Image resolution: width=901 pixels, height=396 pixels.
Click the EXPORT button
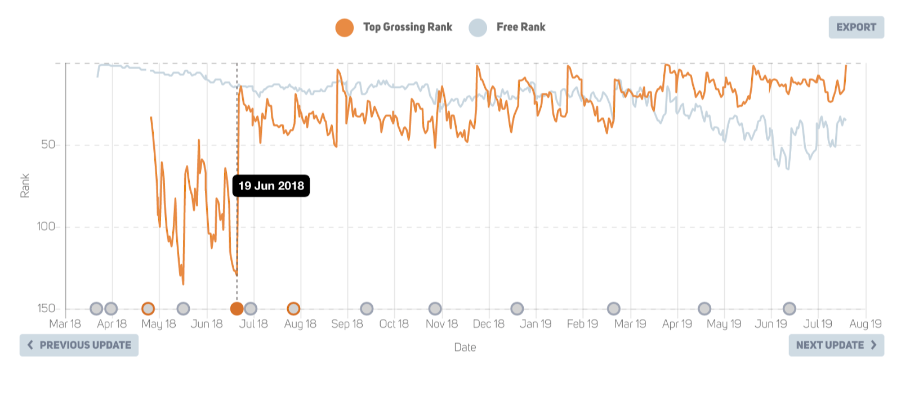coord(856,27)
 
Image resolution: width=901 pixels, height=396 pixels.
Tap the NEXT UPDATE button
coord(836,345)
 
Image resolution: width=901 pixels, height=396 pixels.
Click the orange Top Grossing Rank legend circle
coord(345,27)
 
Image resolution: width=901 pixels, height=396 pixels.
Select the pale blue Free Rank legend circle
coord(478,27)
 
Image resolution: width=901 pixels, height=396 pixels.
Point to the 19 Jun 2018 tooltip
coord(271,186)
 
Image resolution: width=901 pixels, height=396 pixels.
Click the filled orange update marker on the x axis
coord(237,308)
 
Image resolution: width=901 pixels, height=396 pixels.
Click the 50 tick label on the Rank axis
coord(48,145)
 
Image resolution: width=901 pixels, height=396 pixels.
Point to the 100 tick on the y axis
coord(46,227)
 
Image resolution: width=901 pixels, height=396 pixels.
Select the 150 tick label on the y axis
coord(46,308)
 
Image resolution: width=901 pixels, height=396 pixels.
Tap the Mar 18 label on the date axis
coord(65,324)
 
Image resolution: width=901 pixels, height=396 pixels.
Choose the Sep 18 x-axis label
coord(347,324)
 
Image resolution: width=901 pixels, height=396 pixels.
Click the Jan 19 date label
coord(536,324)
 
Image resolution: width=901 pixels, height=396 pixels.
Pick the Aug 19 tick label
coord(865,324)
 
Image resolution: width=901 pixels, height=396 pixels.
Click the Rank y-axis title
coord(25,186)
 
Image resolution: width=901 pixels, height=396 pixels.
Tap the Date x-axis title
coord(465,348)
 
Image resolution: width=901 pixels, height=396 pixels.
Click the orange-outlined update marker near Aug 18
coord(293,308)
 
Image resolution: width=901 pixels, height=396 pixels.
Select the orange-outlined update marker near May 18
coord(148,308)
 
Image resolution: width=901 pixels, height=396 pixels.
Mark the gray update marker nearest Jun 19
coord(790,308)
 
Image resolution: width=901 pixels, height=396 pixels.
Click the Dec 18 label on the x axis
coord(488,324)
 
